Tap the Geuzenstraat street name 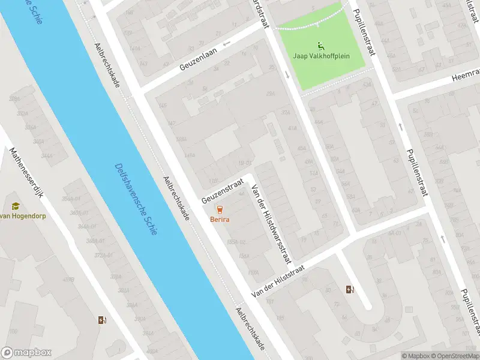pos(223,190)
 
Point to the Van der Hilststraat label pos(278,282)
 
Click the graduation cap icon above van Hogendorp pos(15,205)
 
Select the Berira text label pos(220,220)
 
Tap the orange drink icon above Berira pos(220,209)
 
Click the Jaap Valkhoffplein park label pos(320,56)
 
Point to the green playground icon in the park pos(320,45)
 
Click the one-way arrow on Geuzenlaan pos(227,44)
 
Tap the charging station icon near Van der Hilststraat pos(350,290)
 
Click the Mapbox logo pos(26,353)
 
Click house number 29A pos(270,94)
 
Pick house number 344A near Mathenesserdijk pos(46,155)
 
